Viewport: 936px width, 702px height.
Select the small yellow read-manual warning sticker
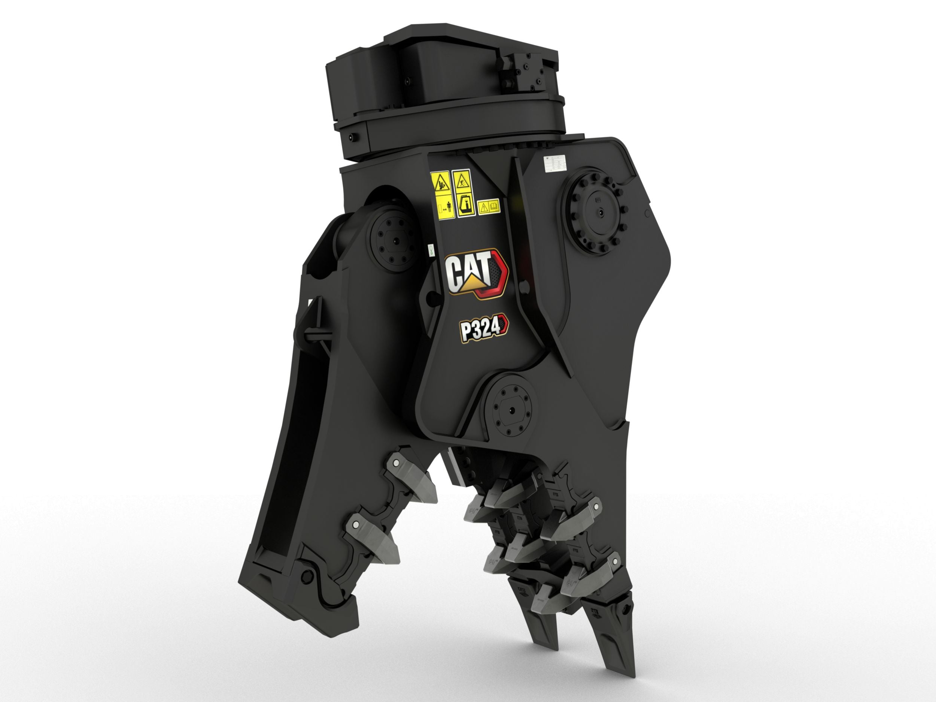(x=489, y=207)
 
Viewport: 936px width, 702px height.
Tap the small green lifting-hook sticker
(x=430, y=250)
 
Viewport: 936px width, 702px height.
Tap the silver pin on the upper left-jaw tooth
(x=394, y=464)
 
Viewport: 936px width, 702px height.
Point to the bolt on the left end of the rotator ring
(x=352, y=137)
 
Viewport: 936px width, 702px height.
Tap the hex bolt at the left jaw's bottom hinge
(x=307, y=575)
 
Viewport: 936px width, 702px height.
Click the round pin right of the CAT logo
(x=525, y=287)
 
